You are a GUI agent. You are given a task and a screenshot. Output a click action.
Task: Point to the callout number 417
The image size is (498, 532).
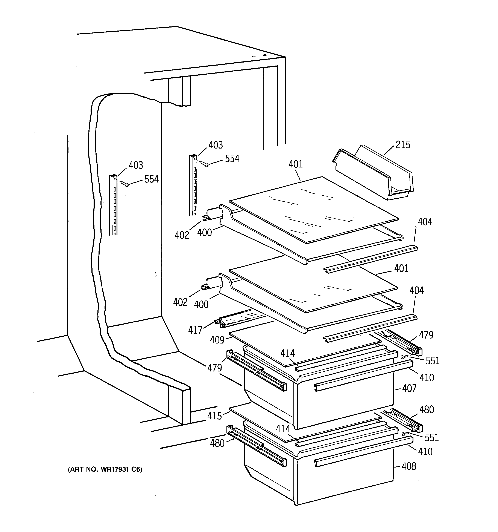[195, 330]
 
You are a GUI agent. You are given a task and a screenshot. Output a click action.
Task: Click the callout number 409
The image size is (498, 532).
[217, 340]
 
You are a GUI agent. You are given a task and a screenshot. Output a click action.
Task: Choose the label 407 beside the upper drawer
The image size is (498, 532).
[409, 388]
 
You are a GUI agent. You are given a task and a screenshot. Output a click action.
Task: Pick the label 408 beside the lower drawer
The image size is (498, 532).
[409, 466]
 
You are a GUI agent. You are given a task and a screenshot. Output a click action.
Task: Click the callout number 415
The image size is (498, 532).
[214, 416]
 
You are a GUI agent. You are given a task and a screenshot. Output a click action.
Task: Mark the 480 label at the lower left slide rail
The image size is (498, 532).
[217, 443]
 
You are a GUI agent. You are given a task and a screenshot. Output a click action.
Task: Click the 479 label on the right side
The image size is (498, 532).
[426, 335]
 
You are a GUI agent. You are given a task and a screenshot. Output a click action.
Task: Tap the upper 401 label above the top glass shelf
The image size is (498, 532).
[296, 164]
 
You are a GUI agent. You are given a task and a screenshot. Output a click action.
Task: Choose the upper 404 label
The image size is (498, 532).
[425, 222]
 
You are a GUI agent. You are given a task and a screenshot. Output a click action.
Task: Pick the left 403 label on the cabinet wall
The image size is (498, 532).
[136, 165]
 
